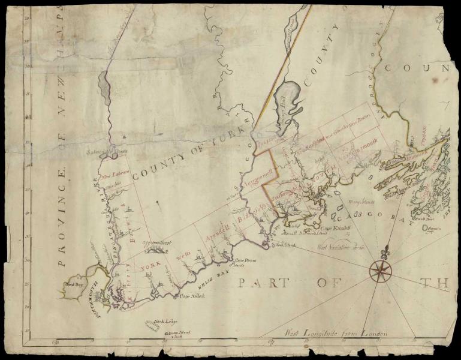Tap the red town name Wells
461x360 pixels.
183,258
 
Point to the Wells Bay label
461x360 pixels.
219,276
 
